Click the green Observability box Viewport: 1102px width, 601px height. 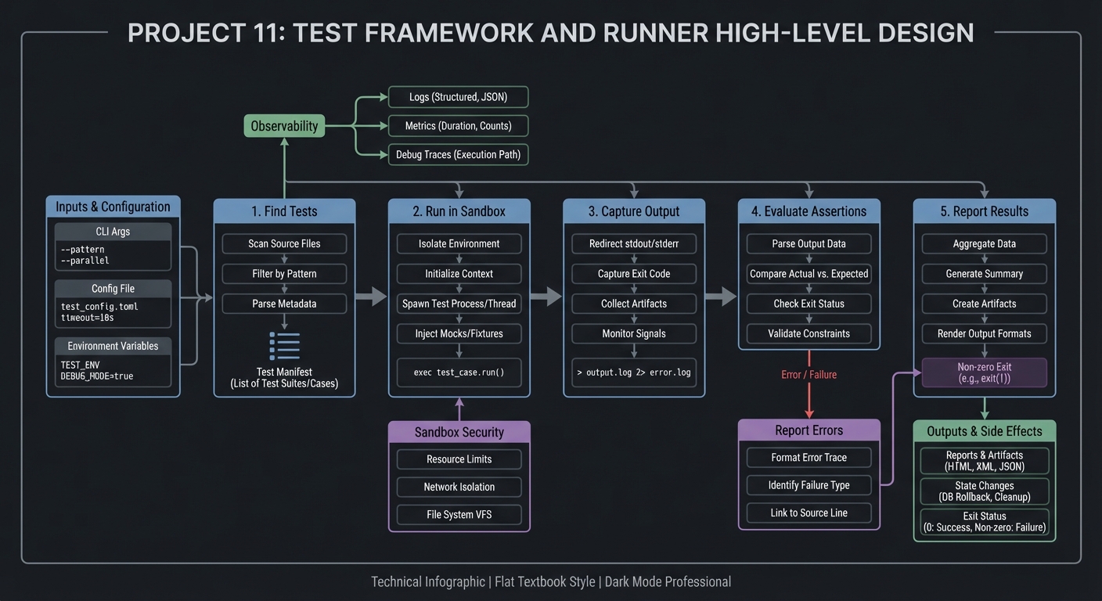pyautogui.click(x=284, y=126)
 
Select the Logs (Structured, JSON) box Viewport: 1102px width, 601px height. pyautogui.click(x=459, y=97)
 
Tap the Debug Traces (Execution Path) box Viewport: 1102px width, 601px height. pyautogui.click(x=459, y=155)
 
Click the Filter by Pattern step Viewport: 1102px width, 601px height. pyautogui.click(x=284, y=274)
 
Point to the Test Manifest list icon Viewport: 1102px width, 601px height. pyautogui.click(x=284, y=346)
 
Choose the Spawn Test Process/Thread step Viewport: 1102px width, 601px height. pyautogui.click(x=459, y=304)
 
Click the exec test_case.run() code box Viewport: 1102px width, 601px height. pyautogui.click(x=459, y=372)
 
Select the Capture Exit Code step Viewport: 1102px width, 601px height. pyautogui.click(x=634, y=274)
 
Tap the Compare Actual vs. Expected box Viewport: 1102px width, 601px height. pyautogui.click(x=809, y=274)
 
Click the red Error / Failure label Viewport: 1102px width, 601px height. pyautogui.click(x=809, y=375)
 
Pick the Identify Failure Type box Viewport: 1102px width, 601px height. pyautogui.click(x=809, y=485)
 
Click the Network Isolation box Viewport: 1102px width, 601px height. pyautogui.click(x=459, y=487)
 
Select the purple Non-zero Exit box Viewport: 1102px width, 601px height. pyautogui.click(x=985, y=372)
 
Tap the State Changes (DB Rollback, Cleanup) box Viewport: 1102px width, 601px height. pyautogui.click(x=985, y=491)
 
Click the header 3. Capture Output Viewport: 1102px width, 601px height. pyautogui.click(x=634, y=211)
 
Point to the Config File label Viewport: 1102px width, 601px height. pyautogui.click(x=113, y=289)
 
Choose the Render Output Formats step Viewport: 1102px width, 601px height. pyautogui.click(x=985, y=333)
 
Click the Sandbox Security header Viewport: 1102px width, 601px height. pyautogui.click(x=459, y=432)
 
